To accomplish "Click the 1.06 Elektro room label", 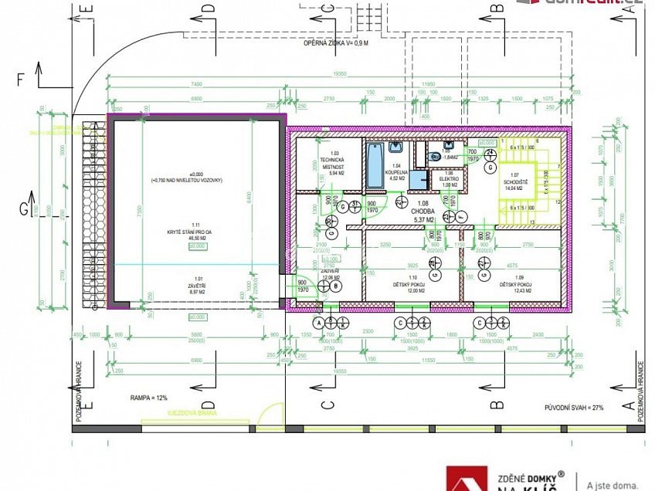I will (x=449, y=179).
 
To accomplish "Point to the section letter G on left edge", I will (x=24, y=209).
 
